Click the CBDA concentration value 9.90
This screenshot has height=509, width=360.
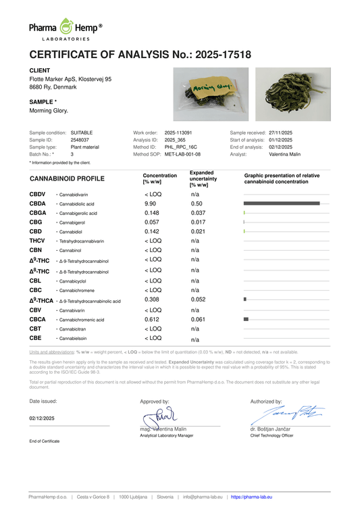pyautogui.click(x=150, y=203)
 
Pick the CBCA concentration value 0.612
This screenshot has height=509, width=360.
pyautogui.click(x=152, y=319)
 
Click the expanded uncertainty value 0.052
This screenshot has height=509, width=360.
pyautogui.click(x=198, y=299)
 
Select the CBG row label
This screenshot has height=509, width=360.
pyautogui.click(x=36, y=222)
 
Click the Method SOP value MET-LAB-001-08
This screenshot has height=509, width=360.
pyautogui.click(x=182, y=153)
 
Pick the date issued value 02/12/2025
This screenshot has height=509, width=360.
pyautogui.click(x=43, y=418)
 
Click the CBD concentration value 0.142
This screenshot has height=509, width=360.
pyautogui.click(x=152, y=232)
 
